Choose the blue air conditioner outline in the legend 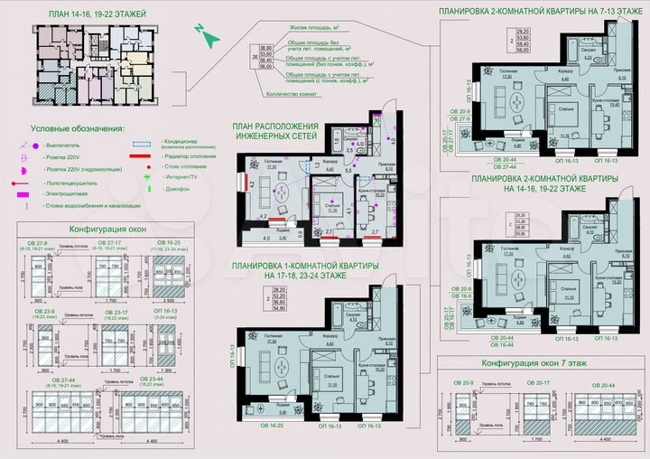click(143, 144)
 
